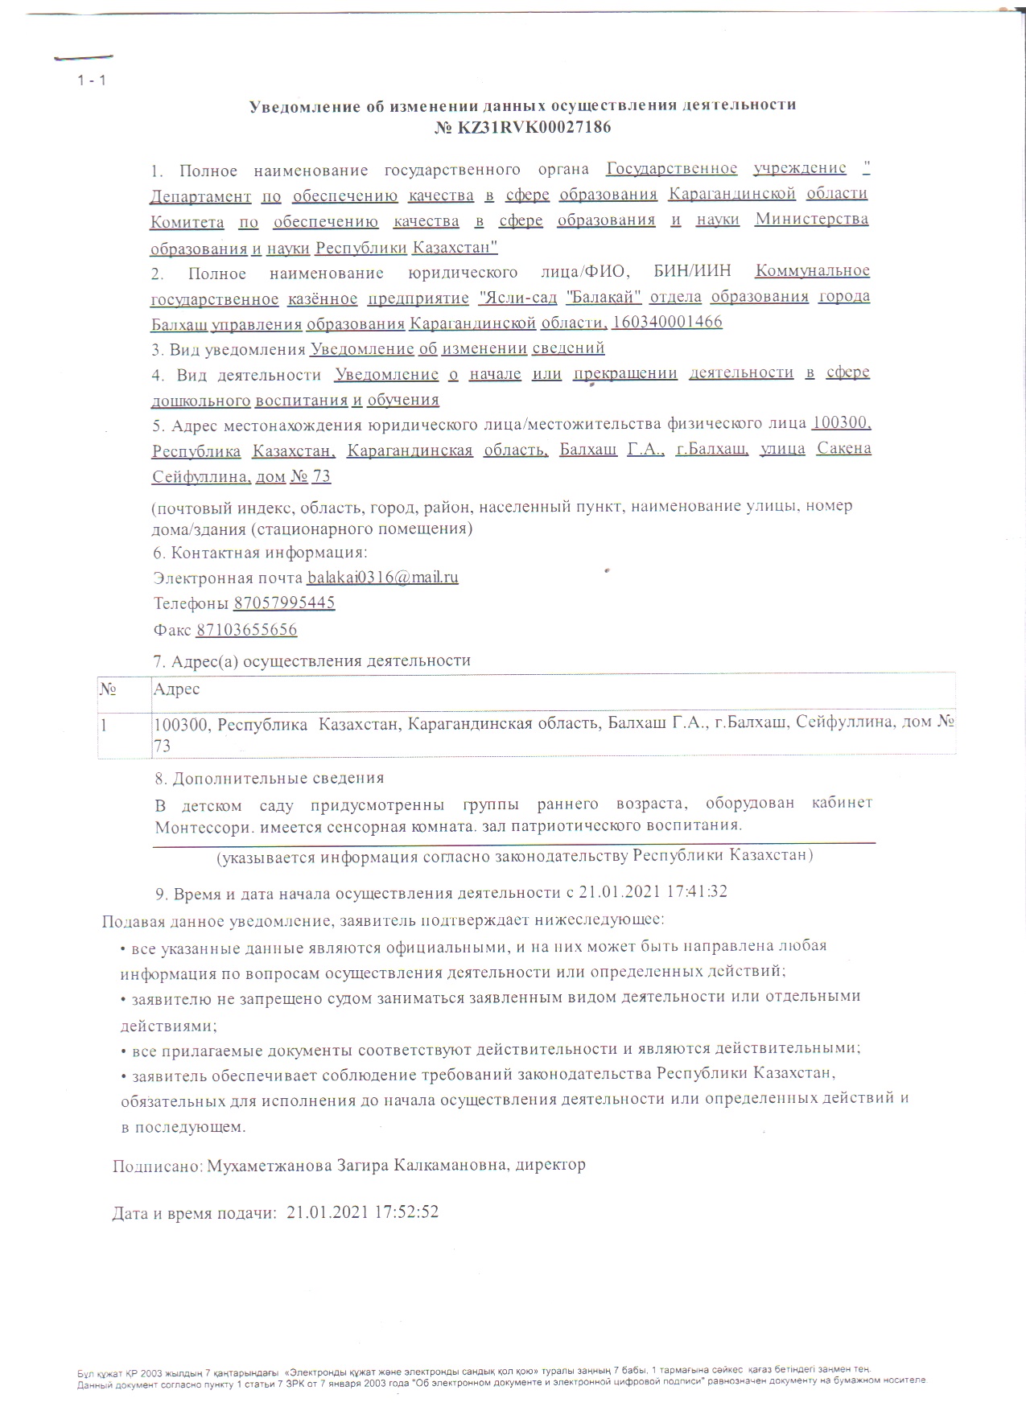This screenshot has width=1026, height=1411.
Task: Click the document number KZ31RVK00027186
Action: coord(534,127)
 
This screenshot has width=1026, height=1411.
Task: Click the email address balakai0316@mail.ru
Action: coord(383,577)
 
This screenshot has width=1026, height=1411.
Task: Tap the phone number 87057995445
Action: coord(284,603)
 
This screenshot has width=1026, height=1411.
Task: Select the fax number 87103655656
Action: coord(246,629)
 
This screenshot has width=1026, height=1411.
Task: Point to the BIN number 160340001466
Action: coord(667,322)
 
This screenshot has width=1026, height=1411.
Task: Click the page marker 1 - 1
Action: coord(92,80)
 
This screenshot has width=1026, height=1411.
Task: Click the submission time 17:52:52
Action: coord(406,1211)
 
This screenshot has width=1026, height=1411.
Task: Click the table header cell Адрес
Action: coord(176,689)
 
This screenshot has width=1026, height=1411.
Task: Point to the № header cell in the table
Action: coord(108,689)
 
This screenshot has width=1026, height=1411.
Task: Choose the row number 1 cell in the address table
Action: coord(104,724)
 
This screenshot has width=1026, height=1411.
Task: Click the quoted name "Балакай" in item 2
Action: coord(604,297)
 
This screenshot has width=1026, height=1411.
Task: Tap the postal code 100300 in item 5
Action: coord(842,422)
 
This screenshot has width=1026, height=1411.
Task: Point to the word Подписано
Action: coord(158,1165)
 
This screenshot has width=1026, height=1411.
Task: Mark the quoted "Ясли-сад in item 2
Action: coord(517,297)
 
